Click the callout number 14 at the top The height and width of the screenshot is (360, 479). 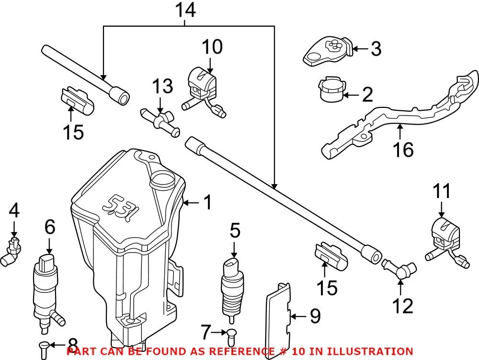coord(185,10)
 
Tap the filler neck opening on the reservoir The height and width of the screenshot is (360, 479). coord(162,182)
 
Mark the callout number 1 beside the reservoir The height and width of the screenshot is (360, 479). coord(206,203)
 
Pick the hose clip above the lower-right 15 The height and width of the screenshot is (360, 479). coord(331,256)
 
